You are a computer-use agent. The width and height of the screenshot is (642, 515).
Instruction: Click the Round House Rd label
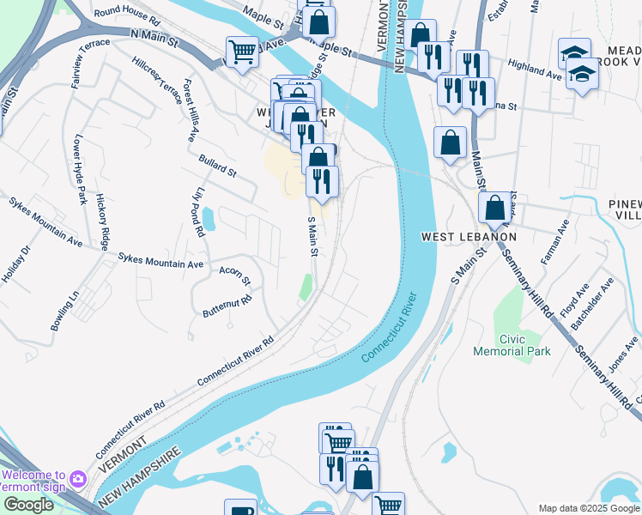coord(127,15)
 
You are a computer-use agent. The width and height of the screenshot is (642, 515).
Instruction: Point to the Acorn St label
coord(233,276)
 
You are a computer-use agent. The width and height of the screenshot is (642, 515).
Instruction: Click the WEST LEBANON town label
coord(468,237)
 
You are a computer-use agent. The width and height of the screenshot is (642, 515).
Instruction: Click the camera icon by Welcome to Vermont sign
coord(78,477)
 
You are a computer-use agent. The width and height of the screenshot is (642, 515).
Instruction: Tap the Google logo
coord(27,505)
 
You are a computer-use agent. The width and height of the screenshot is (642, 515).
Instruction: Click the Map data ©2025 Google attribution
coord(588,508)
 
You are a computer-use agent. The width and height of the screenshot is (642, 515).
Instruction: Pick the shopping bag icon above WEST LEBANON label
coord(495,208)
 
